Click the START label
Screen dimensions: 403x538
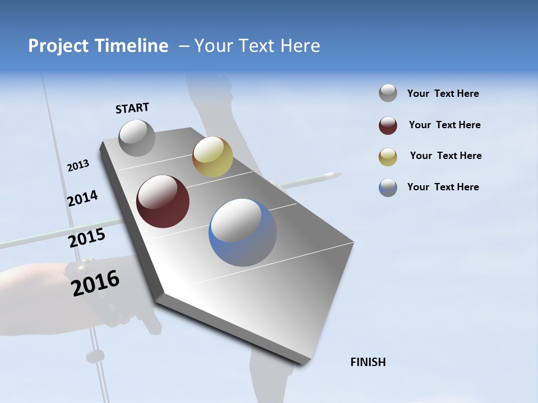(132, 108)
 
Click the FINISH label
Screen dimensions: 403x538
(368, 362)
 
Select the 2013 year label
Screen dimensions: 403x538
(78, 166)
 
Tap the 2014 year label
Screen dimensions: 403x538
(82, 198)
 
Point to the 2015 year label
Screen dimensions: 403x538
(87, 238)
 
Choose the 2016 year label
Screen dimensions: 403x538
(96, 283)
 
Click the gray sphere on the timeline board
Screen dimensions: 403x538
(137, 138)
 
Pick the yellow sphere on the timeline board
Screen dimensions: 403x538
(212, 157)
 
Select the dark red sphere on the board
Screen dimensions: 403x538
(163, 201)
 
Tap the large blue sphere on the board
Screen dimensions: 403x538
(243, 232)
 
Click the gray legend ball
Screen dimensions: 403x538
(388, 93)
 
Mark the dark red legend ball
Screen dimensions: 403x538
(388, 125)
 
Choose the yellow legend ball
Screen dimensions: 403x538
(388, 157)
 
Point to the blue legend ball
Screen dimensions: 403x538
(388, 188)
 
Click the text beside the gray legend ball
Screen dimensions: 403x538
(443, 93)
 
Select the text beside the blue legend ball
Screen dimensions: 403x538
(443, 187)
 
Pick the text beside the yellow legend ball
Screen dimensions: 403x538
(446, 156)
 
